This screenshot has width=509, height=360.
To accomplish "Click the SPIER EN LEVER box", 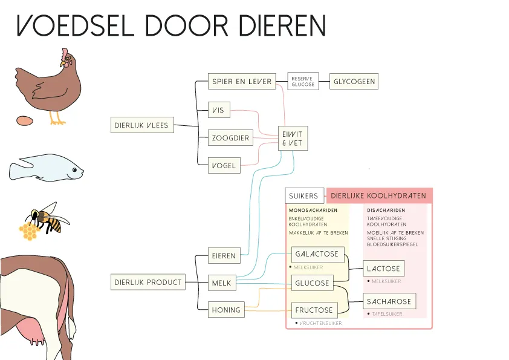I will (x=242, y=82).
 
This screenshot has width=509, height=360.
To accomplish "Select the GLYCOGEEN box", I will (x=354, y=82).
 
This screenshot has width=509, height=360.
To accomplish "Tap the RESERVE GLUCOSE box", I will (x=303, y=81).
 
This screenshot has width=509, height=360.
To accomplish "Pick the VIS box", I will (x=219, y=110).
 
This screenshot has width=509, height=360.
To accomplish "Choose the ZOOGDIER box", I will (x=230, y=138).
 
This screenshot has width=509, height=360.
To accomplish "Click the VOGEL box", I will (x=224, y=165).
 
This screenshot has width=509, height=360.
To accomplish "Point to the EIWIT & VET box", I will (x=292, y=139).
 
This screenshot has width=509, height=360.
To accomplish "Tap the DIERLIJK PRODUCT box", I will (x=148, y=282).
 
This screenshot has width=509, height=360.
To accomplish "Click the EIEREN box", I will (x=223, y=255).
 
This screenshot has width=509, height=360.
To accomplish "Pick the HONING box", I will (x=226, y=310).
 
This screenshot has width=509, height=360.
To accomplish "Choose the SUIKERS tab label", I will (x=303, y=196).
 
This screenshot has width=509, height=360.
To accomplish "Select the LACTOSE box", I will (x=384, y=269).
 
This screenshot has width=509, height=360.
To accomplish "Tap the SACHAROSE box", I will (x=390, y=301).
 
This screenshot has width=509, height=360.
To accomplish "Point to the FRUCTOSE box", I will (x=314, y=310).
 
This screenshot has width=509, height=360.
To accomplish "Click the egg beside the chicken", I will (x=25, y=120).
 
